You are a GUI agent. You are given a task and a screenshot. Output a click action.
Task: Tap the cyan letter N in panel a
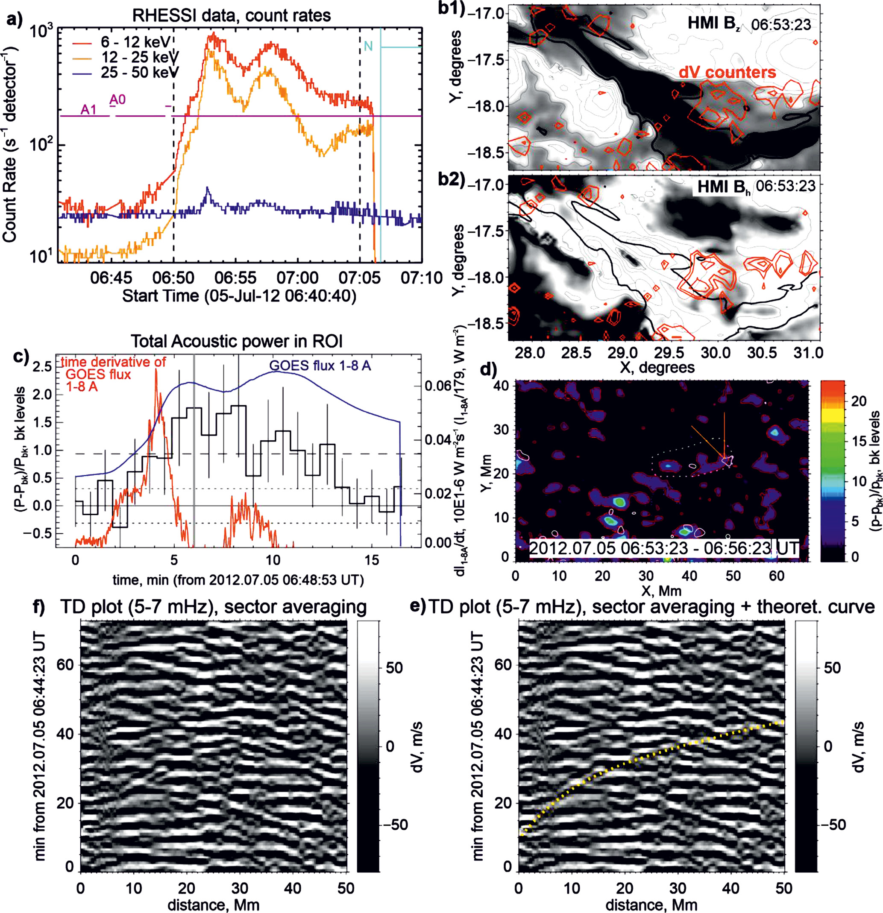tap(368, 46)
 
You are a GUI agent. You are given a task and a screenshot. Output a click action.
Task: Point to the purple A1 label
tap(88, 110)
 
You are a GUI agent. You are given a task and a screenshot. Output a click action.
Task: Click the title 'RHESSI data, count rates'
tap(232, 15)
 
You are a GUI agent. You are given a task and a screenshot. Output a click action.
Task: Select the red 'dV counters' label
tap(727, 72)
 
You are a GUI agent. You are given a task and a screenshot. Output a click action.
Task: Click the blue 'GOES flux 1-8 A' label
tap(320, 365)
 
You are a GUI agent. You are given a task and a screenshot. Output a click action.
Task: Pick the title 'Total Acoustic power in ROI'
tap(236, 342)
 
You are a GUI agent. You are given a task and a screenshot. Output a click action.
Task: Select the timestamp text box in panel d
tap(664, 548)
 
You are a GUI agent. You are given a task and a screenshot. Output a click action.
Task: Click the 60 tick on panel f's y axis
tap(65, 665)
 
